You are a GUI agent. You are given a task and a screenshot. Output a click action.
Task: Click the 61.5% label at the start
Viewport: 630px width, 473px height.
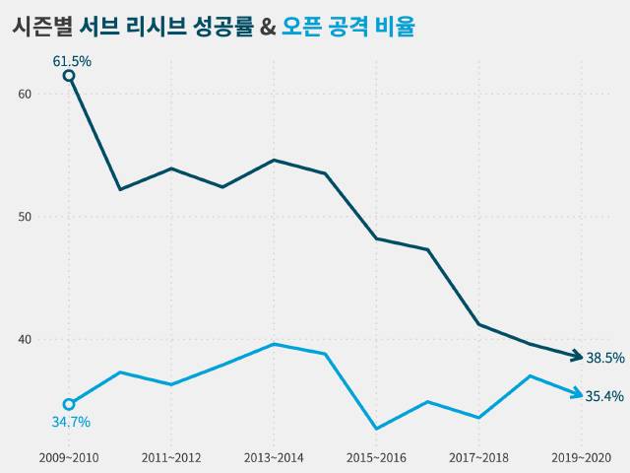(71, 61)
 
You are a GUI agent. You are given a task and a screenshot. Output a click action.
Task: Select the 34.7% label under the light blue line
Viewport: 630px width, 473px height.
(71, 422)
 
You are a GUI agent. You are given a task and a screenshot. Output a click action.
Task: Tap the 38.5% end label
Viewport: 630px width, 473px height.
(604, 358)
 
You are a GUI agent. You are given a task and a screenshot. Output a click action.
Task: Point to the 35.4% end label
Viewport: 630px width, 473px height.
(604, 396)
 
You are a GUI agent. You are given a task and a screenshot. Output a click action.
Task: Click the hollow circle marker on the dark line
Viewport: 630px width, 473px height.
(69, 76)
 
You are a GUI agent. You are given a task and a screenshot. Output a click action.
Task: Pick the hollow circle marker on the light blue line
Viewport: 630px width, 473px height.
(69, 404)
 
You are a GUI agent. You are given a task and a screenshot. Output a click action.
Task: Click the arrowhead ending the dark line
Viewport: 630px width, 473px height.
(577, 357)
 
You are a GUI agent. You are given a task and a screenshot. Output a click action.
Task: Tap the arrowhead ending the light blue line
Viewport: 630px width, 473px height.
(577, 394)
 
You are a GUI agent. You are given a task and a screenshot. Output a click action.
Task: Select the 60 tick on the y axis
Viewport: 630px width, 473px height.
(25, 94)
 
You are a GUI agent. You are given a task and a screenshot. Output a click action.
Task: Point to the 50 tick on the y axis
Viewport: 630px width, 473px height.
(25, 217)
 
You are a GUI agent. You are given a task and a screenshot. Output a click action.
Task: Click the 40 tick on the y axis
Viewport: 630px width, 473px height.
(25, 340)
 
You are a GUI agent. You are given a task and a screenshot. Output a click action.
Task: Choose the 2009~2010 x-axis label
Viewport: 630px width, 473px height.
(69, 458)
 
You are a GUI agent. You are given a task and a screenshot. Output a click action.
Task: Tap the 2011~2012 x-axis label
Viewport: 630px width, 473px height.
(171, 458)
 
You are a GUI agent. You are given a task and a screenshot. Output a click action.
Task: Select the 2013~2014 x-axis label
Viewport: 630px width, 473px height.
(274, 458)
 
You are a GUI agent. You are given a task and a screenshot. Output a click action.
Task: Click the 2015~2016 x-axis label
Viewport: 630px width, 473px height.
(376, 458)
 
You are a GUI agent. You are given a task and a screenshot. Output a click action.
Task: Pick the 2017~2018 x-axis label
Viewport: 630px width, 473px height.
(478, 458)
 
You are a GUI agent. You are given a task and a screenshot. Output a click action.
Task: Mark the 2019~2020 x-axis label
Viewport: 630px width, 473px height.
(581, 458)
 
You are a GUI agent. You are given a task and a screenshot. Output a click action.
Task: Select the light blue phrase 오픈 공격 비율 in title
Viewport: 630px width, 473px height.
(347, 27)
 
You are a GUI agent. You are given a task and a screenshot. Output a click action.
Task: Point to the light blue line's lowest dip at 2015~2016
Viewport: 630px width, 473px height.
(376, 429)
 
